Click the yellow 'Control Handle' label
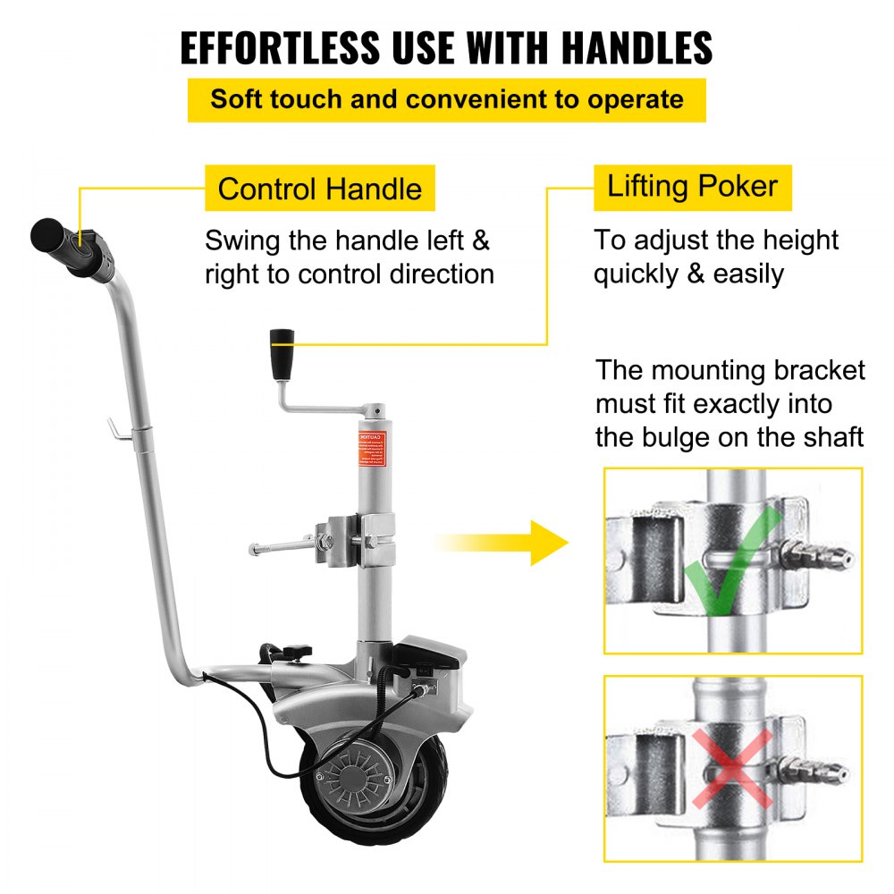tap(319, 189)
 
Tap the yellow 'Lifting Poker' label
tap(692, 187)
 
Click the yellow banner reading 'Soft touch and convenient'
tap(446, 99)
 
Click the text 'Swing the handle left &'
tap(347, 240)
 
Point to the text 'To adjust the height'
tap(716, 240)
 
